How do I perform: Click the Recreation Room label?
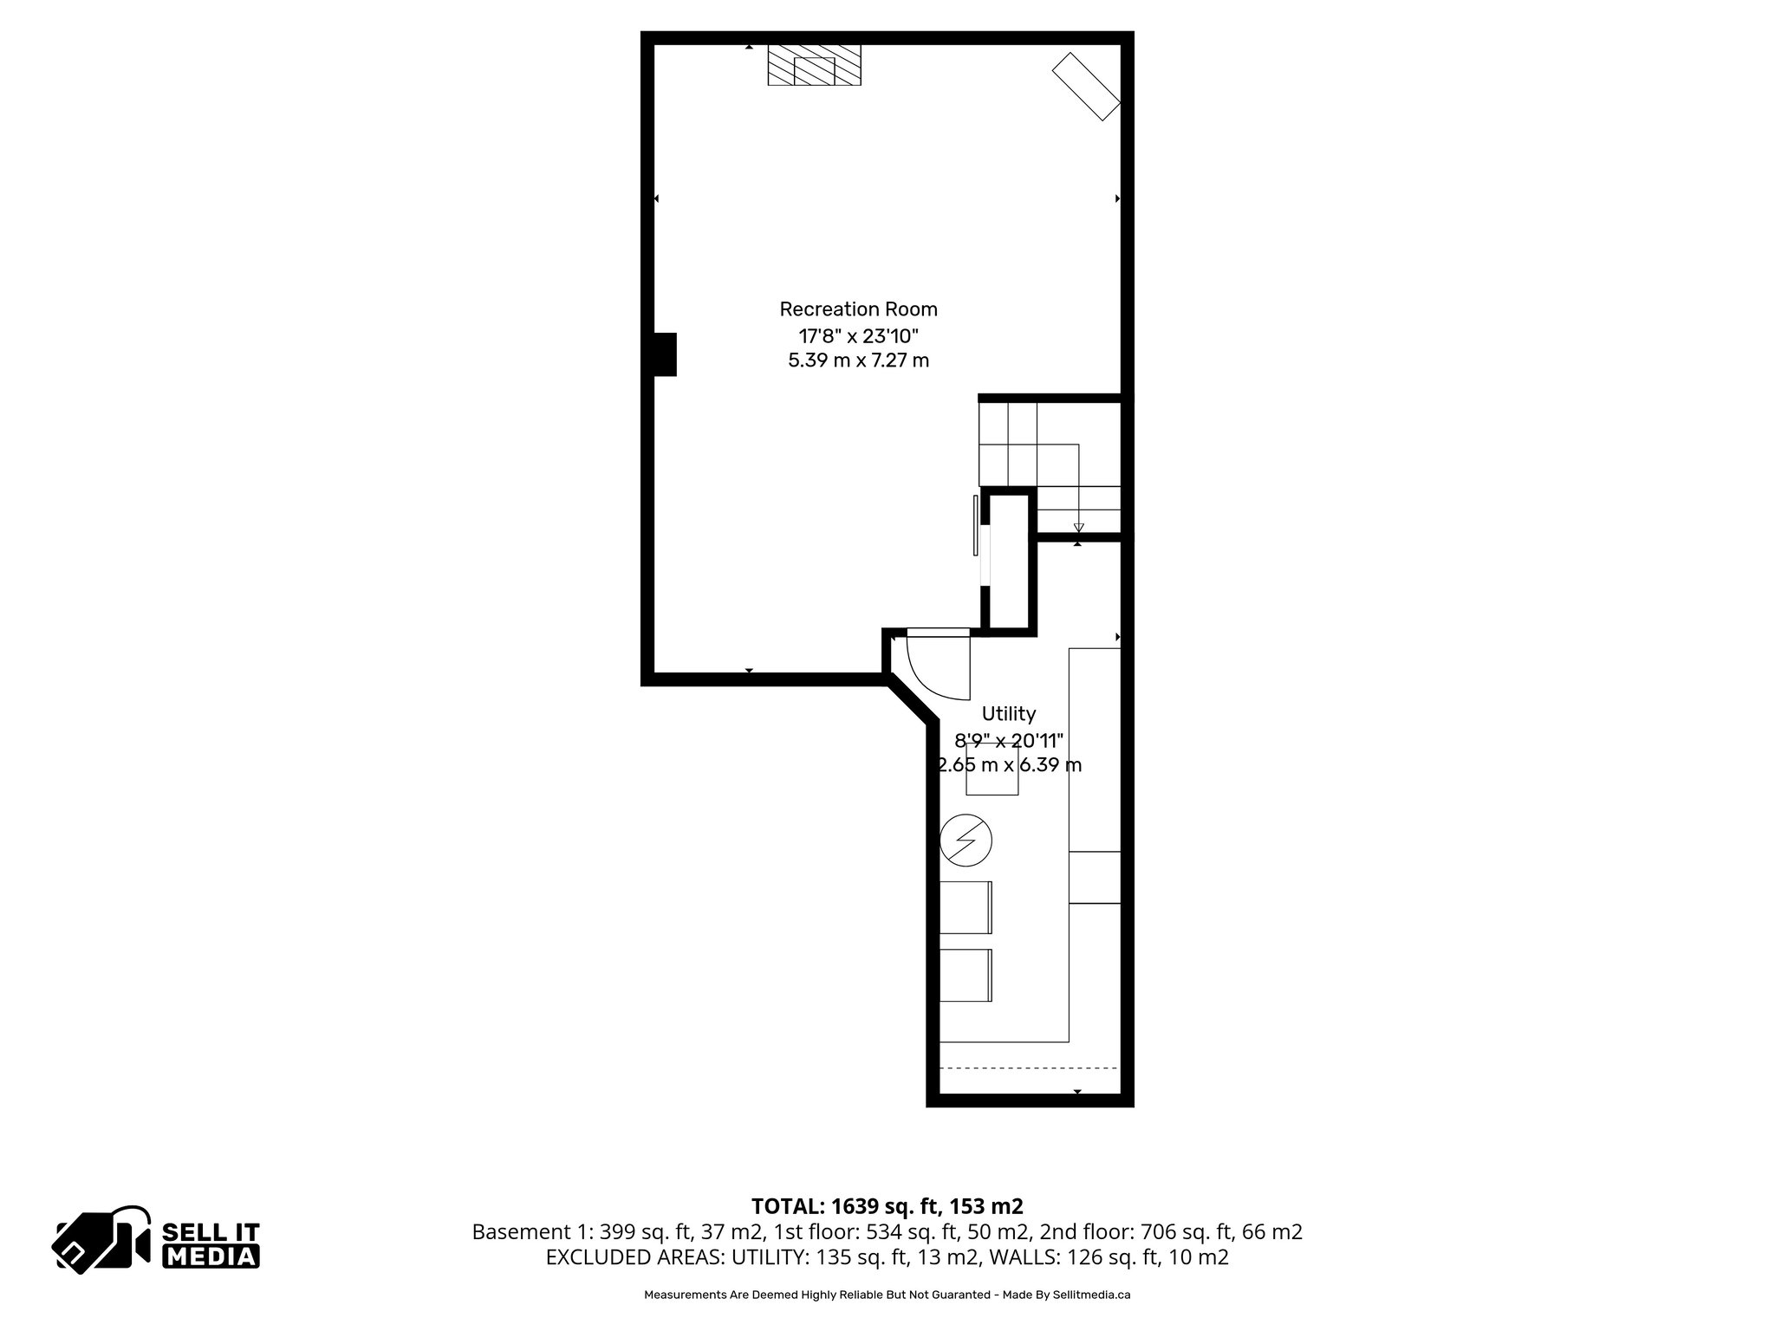[858, 309]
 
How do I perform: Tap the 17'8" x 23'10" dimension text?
[858, 335]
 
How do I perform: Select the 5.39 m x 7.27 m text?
[858, 360]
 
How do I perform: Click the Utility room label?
[1008, 714]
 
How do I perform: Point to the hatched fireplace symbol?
[815, 65]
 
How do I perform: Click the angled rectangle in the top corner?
[1087, 87]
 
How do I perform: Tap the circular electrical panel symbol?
[966, 840]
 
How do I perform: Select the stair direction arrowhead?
[1078, 528]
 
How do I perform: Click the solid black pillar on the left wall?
[664, 354]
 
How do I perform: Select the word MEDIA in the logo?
[211, 1256]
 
